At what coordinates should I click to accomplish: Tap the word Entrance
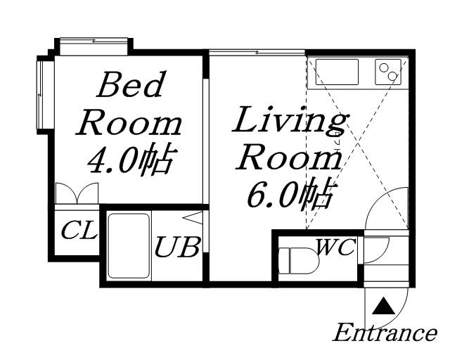pyautogui.click(x=385, y=333)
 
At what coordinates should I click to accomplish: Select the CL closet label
pyautogui.click(x=79, y=230)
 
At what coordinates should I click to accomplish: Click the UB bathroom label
pyautogui.click(x=176, y=247)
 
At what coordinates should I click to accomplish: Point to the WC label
pyautogui.click(x=335, y=247)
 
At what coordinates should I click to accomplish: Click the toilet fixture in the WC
pyautogui.click(x=298, y=261)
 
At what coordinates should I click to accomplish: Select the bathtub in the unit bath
pyautogui.click(x=129, y=246)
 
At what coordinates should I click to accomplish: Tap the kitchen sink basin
pyautogui.click(x=337, y=72)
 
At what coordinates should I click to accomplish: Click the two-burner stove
pyautogui.click(x=388, y=72)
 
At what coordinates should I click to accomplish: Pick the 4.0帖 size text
pyautogui.click(x=130, y=160)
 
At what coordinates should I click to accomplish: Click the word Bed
pyautogui.click(x=131, y=84)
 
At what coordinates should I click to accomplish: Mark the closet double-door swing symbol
pyautogui.click(x=77, y=193)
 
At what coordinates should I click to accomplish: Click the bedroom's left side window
pyautogui.click(x=42, y=95)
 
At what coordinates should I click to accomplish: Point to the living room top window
pyautogui.click(x=257, y=52)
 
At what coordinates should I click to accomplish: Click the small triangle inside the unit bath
pyautogui.click(x=193, y=218)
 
